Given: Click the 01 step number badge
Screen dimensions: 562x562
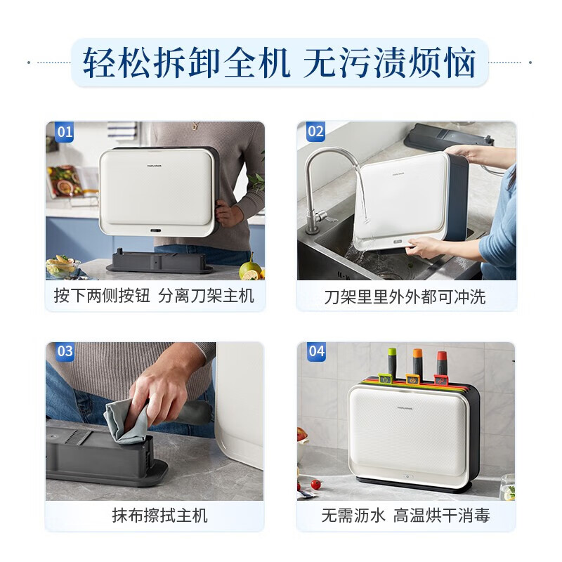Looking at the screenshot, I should pyautogui.click(x=65, y=131).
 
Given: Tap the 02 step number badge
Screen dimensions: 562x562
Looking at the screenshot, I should pyautogui.click(x=315, y=131).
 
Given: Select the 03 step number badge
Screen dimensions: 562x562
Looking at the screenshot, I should pyautogui.click(x=65, y=351).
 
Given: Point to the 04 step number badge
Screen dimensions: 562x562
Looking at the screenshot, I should pyautogui.click(x=316, y=351).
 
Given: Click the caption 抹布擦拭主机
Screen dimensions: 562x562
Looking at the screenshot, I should pyautogui.click(x=159, y=516).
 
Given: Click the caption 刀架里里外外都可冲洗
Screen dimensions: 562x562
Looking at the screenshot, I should pyautogui.click(x=405, y=296).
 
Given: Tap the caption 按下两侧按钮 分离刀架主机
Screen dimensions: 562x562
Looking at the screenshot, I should pyautogui.click(x=154, y=296).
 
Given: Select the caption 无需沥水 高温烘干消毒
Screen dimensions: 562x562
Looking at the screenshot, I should pyautogui.click(x=405, y=516).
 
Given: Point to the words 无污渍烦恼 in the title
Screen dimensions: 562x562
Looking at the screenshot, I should pyautogui.click(x=390, y=63).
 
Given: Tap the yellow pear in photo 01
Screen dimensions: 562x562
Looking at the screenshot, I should pyautogui.click(x=249, y=269).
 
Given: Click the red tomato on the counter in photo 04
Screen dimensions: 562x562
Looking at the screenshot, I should pyautogui.click(x=316, y=484).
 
